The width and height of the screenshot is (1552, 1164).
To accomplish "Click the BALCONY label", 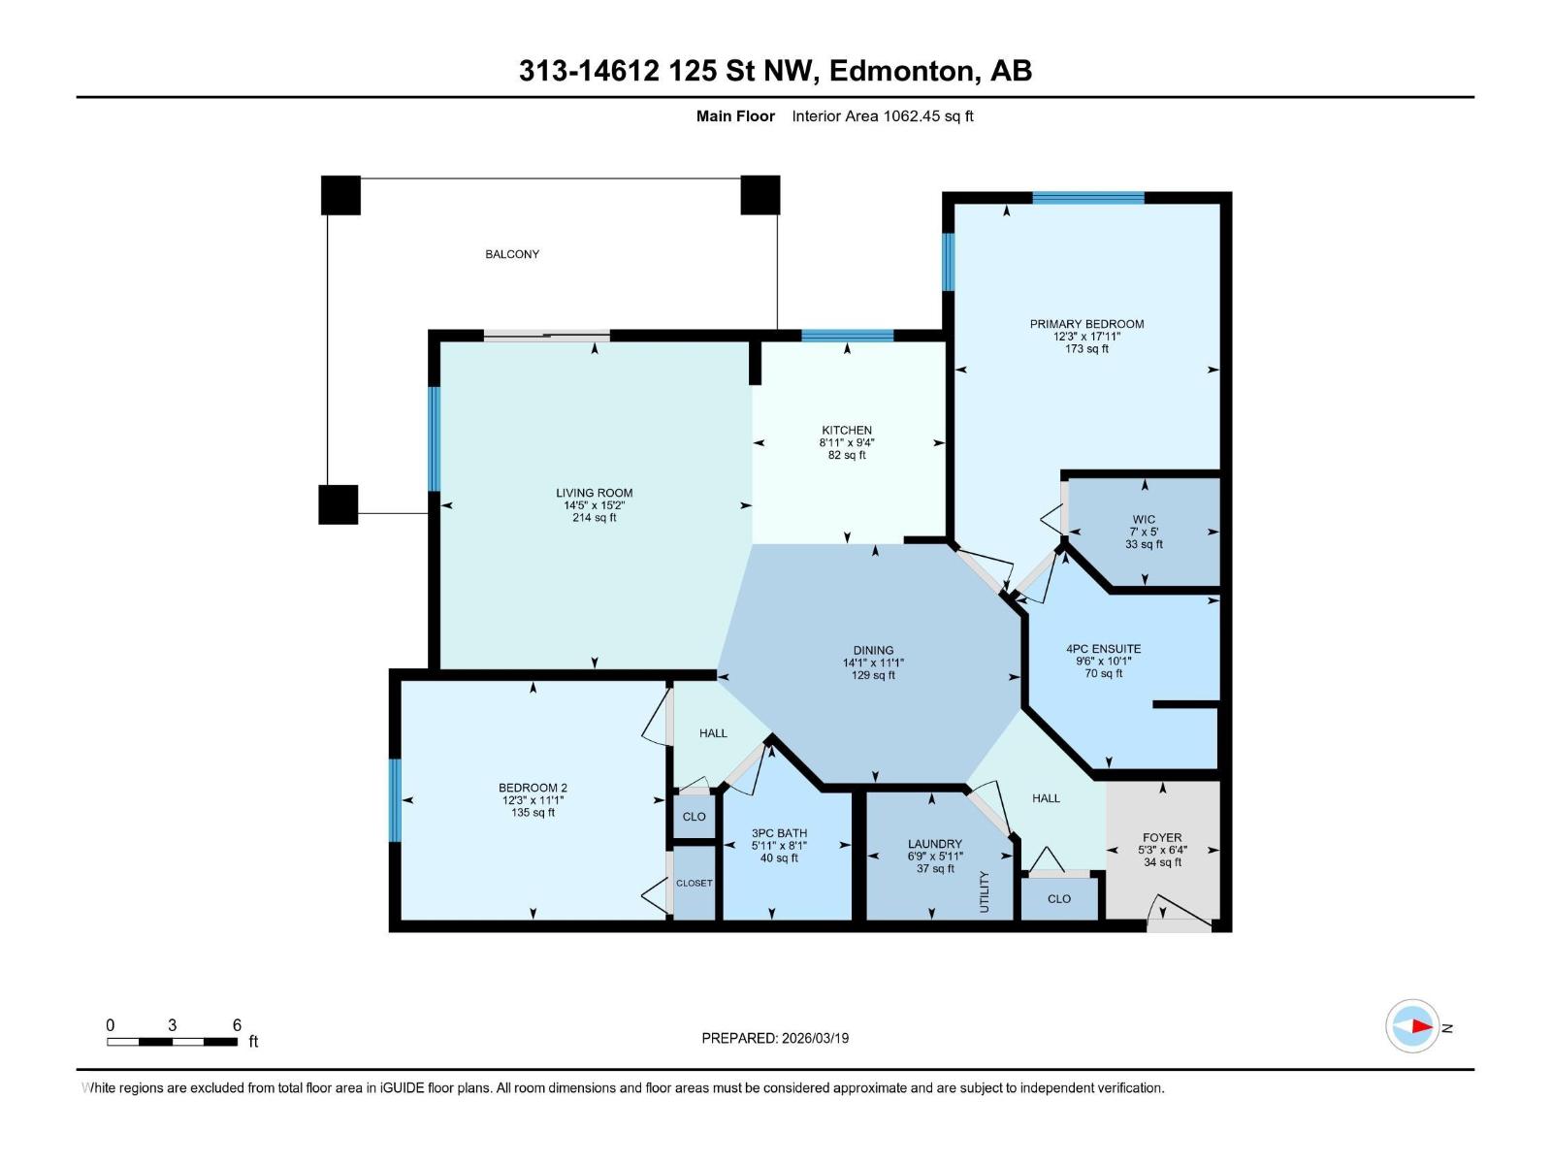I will pyautogui.click(x=512, y=254).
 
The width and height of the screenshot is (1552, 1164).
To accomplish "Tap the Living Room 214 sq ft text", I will pyautogui.click(x=594, y=518).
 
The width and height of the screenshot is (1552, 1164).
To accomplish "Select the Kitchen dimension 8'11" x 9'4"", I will pyautogui.click(x=847, y=442).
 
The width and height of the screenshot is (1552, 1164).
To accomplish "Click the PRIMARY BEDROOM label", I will pyautogui.click(x=1086, y=324).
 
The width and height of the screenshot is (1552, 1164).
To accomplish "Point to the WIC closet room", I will pyautogui.click(x=1144, y=532).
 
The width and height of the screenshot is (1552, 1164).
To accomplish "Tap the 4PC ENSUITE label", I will pyautogui.click(x=1103, y=649).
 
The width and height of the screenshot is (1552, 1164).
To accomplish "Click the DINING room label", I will pyautogui.click(x=873, y=651).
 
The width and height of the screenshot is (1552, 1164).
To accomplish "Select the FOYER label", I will pyautogui.click(x=1162, y=837).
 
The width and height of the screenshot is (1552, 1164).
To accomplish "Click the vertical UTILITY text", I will pyautogui.click(x=985, y=889).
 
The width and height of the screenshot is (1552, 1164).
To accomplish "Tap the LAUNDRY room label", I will pyautogui.click(x=935, y=844).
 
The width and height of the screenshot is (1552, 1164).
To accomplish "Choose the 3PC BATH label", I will pyautogui.click(x=779, y=833).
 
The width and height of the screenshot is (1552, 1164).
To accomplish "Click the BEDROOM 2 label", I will pyautogui.click(x=533, y=788).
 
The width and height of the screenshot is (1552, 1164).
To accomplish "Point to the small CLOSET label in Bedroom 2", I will pyautogui.click(x=694, y=883).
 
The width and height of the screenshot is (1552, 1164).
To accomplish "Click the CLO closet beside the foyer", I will pyautogui.click(x=1059, y=899).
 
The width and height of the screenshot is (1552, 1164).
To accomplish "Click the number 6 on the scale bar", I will pyautogui.click(x=237, y=1025).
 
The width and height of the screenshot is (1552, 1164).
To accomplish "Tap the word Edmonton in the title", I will pyautogui.click(x=900, y=71).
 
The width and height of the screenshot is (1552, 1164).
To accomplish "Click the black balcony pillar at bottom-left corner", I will pyautogui.click(x=338, y=504).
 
